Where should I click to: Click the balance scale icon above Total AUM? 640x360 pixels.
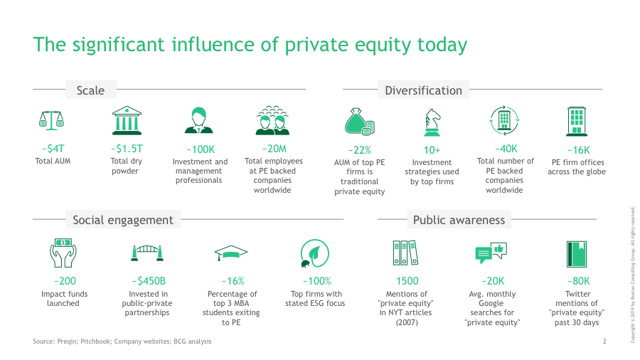click(51, 120)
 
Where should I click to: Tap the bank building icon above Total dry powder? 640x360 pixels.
click(127, 120)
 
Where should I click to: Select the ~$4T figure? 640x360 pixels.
click(53, 149)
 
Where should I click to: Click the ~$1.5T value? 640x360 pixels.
click(127, 149)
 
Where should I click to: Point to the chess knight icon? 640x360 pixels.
click(432, 122)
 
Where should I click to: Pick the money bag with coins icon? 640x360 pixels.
click(360, 122)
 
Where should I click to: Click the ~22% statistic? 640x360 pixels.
click(360, 150)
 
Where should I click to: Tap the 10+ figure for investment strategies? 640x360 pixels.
click(432, 150)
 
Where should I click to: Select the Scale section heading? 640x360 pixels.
click(90, 90)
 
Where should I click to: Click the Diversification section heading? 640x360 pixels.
click(423, 90)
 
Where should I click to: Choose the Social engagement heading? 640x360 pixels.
click(123, 220)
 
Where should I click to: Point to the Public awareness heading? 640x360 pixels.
click(459, 220)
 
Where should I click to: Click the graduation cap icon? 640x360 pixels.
click(231, 253)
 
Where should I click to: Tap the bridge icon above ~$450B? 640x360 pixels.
click(147, 253)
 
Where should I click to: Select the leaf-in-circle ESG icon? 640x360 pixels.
click(314, 253)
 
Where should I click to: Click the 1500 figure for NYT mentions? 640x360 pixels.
click(407, 281)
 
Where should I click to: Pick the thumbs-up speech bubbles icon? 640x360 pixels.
click(491, 253)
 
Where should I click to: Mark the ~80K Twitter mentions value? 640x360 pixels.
click(578, 281)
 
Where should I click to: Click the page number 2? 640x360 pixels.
click(604, 342)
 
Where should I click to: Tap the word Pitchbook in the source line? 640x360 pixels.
click(95, 342)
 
